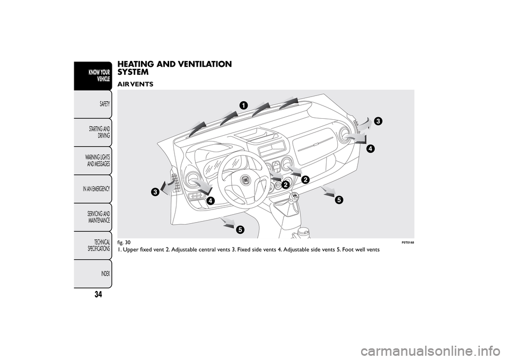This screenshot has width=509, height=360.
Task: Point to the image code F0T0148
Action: [406, 242]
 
